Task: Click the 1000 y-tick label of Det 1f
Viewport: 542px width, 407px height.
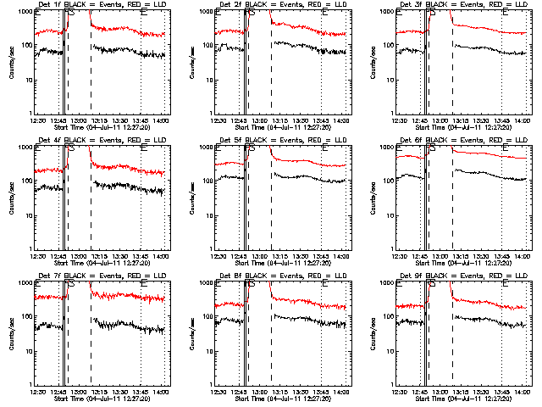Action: (x=25, y=14)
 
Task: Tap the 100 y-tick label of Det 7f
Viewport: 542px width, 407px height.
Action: (x=27, y=317)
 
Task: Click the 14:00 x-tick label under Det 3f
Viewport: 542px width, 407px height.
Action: (x=522, y=120)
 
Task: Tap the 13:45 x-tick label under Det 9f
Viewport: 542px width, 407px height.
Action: (x=501, y=392)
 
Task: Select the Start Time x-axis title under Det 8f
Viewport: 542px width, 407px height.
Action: (x=283, y=399)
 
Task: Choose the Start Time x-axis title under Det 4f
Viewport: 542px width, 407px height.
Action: (x=102, y=263)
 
